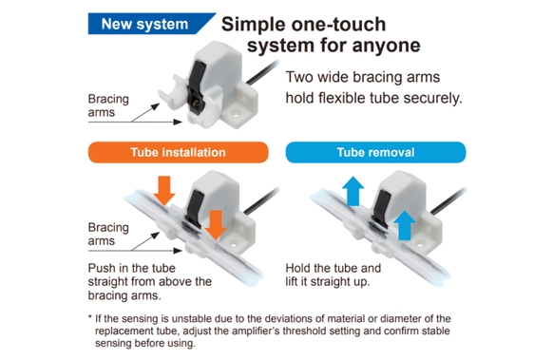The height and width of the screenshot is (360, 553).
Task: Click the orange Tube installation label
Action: tap(178, 152)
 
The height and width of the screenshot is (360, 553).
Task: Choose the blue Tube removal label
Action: tap(375, 152)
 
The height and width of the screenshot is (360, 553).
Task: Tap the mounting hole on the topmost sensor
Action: tap(235, 114)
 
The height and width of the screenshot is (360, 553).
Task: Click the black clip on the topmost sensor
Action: tap(195, 85)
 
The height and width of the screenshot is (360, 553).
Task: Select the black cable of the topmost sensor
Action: tap(262, 72)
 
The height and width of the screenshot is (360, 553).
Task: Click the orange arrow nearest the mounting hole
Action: tap(216, 224)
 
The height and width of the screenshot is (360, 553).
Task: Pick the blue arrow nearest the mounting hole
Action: tap(404, 225)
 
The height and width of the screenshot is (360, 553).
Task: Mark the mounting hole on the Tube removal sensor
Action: tap(420, 244)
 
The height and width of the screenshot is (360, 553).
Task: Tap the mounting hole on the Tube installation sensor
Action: tap(233, 243)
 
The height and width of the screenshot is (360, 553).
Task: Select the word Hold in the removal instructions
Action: tap(298, 268)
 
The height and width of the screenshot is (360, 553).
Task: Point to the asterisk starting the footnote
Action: tap(90, 317)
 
